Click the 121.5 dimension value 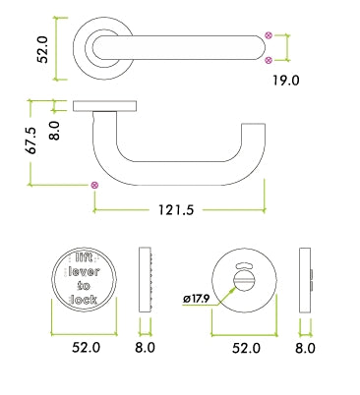(x=175, y=208)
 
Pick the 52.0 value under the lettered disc (x=86, y=347)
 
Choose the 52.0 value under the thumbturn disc (x=247, y=347)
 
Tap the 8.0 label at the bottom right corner (x=306, y=347)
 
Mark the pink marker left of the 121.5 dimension (x=94, y=185)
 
